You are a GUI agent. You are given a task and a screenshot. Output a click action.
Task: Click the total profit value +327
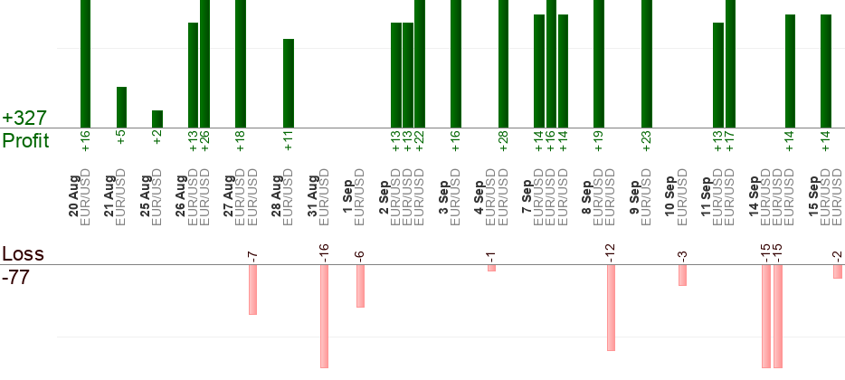(x=24, y=118)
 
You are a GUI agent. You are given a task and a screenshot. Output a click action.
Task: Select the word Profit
(x=26, y=140)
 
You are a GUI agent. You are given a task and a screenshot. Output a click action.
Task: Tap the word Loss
(x=24, y=254)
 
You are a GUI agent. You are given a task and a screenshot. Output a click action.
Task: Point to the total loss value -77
(x=16, y=277)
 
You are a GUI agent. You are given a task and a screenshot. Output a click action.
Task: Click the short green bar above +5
(x=122, y=108)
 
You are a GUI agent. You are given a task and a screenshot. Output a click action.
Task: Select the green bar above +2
(x=157, y=119)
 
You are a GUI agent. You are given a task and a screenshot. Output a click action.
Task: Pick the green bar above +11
(x=289, y=83)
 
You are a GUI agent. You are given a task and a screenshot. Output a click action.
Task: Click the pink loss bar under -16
(x=324, y=317)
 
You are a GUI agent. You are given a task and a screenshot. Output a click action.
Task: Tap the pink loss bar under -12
(x=611, y=308)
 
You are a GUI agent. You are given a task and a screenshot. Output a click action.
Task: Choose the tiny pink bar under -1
(x=491, y=268)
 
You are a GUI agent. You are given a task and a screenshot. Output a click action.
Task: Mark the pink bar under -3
(x=682, y=275)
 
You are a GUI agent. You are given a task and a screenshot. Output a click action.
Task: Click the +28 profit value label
(x=503, y=141)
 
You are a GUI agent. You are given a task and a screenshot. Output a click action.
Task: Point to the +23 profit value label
(x=647, y=141)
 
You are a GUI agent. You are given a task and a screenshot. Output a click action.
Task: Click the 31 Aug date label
(x=313, y=196)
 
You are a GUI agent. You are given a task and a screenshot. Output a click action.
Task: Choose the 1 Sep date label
(x=348, y=196)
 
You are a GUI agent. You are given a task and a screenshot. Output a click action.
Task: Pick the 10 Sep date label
(x=670, y=196)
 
